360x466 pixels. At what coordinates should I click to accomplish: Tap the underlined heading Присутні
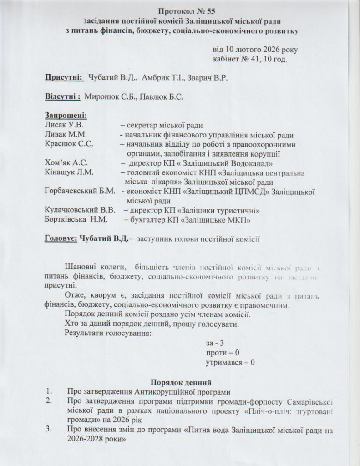pyautogui.click(x=64, y=78)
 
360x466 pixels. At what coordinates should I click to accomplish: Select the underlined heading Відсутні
pyautogui.click(x=63, y=97)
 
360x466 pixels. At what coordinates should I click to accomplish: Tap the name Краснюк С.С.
pyautogui.click(x=69, y=144)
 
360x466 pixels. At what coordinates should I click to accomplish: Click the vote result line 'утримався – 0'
pyautogui.click(x=230, y=363)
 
